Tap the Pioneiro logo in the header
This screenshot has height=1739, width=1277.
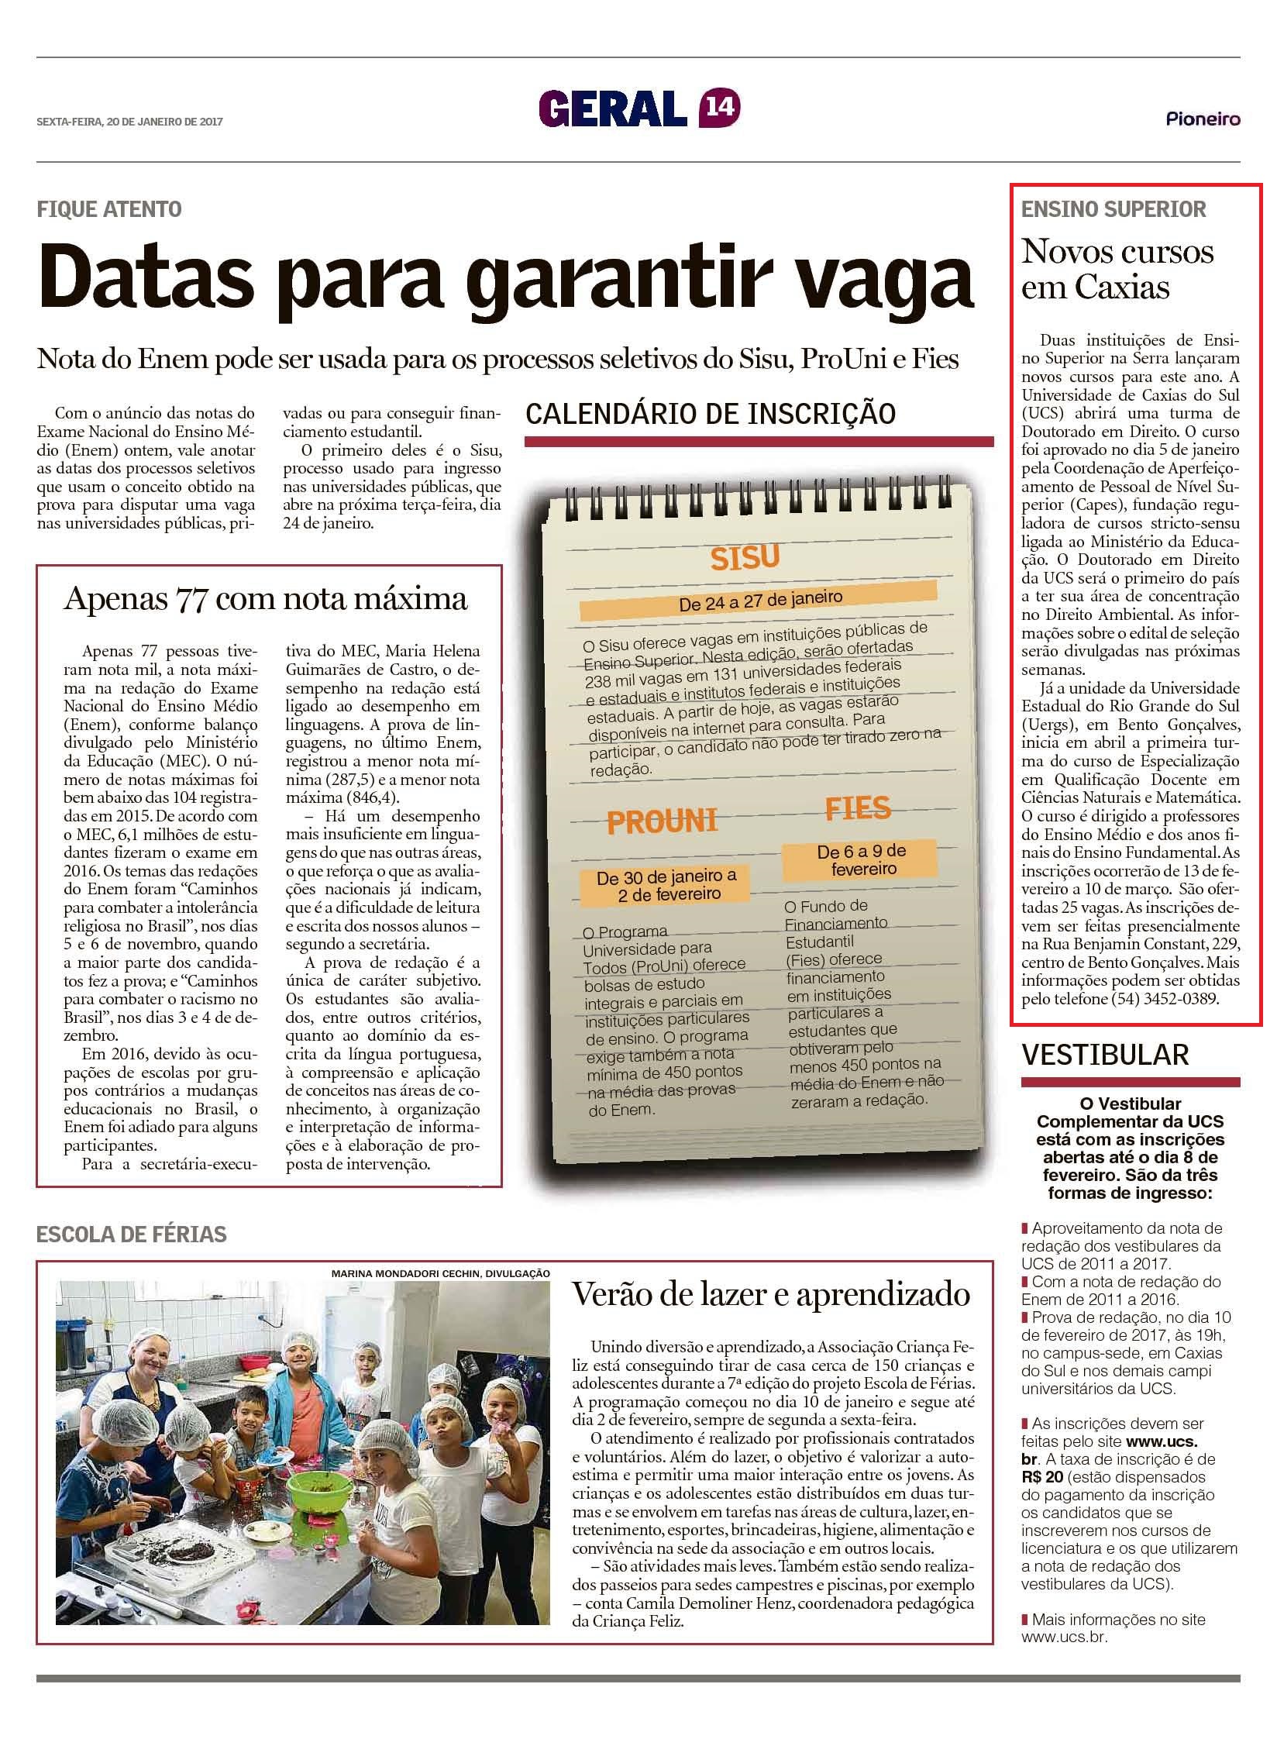point(1203,119)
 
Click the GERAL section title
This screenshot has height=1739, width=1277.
point(613,108)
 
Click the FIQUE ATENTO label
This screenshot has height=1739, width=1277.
point(108,208)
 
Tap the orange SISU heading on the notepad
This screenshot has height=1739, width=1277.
point(745,557)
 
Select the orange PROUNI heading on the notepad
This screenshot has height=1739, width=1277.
point(662,821)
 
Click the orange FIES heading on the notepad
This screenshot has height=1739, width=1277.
point(857,808)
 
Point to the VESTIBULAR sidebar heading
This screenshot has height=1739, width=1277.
point(1104,1054)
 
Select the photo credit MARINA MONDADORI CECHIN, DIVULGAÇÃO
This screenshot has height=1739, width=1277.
point(440,1273)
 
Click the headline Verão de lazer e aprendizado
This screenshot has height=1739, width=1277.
point(770,1294)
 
